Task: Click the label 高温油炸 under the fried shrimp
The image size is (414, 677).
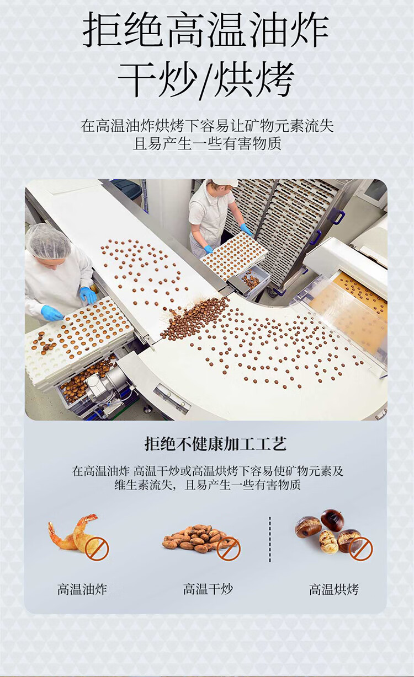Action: click(82, 589)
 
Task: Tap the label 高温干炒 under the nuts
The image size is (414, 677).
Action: click(208, 589)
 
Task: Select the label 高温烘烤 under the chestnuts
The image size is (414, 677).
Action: click(334, 589)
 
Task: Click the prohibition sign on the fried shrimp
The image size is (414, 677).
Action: click(97, 548)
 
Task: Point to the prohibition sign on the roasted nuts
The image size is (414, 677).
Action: click(229, 548)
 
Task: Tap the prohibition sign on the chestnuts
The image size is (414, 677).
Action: click(361, 549)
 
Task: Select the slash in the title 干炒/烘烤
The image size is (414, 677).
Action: click(206, 80)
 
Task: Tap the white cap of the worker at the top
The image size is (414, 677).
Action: click(225, 182)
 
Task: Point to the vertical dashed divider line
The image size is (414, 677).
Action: click(270, 539)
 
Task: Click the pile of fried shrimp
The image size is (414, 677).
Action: click(73, 533)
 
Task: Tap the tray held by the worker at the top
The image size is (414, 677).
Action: click(233, 256)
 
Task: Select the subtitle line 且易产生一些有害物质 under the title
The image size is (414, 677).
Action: click(207, 143)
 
